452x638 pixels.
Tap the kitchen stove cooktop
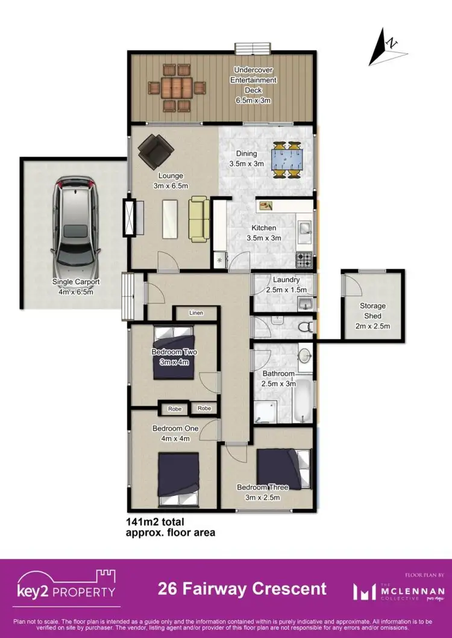click(x=304, y=261)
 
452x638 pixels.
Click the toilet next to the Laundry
click(x=305, y=327)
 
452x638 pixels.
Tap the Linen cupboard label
click(x=196, y=314)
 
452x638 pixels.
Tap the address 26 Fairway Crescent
click(x=242, y=589)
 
